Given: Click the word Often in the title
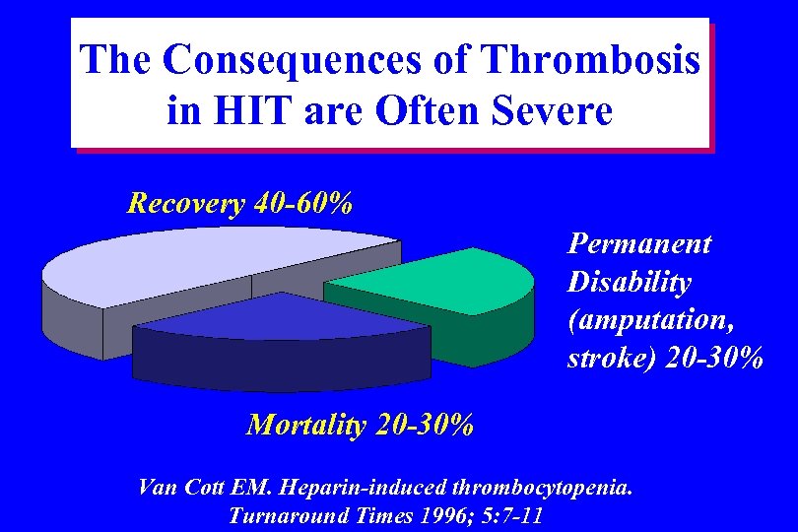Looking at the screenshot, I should (x=427, y=110).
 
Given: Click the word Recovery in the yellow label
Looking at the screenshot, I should (x=186, y=204).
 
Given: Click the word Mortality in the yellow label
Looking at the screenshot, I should (x=305, y=425).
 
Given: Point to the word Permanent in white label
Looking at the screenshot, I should (x=638, y=243).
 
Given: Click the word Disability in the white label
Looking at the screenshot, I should (x=629, y=282).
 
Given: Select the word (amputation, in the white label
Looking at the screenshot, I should (x=651, y=320).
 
